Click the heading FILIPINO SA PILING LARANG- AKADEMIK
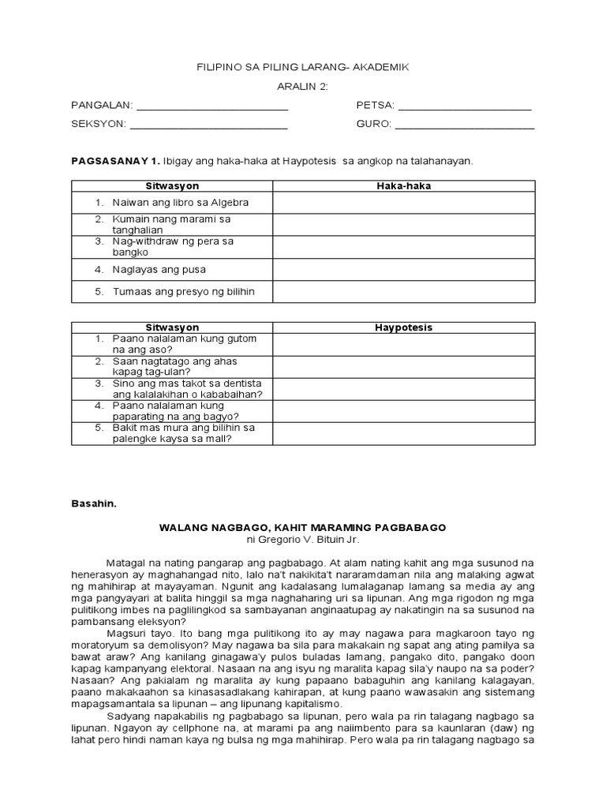point(303,68)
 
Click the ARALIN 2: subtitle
point(303,87)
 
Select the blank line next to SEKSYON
point(208,125)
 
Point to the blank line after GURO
point(465,125)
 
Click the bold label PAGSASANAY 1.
point(116,161)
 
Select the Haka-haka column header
point(404,186)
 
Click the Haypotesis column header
point(404,327)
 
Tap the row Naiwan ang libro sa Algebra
point(180,203)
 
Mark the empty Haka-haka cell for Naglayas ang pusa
point(404,270)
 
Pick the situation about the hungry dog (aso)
point(183,344)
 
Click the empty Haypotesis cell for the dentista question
point(404,388)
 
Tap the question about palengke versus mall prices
point(183,433)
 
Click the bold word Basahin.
point(94,503)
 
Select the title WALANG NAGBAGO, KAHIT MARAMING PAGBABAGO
point(303,527)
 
